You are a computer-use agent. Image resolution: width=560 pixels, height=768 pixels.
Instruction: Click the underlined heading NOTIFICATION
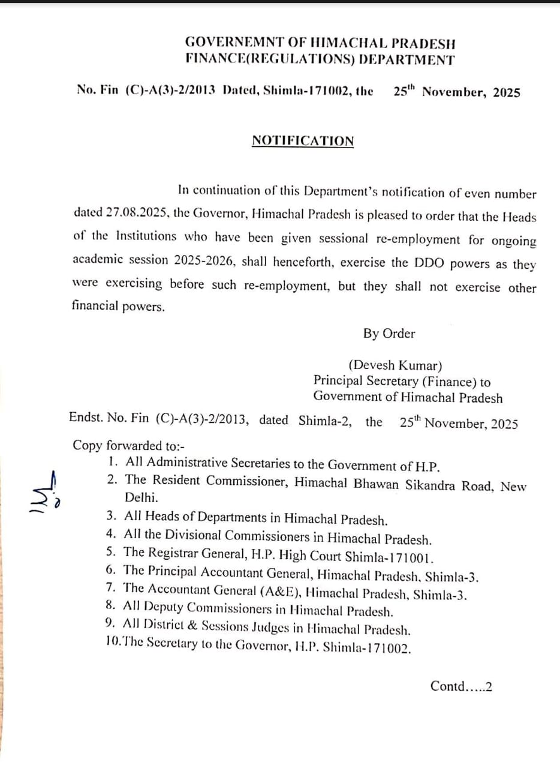303,141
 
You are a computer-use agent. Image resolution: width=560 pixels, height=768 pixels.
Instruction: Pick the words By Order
389,334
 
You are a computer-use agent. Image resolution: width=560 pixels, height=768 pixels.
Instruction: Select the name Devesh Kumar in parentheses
396,365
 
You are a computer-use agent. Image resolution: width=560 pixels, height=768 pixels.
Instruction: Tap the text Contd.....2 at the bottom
461,686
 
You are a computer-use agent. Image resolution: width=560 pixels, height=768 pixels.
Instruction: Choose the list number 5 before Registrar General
110,553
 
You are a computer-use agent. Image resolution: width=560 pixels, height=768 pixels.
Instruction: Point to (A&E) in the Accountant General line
281,593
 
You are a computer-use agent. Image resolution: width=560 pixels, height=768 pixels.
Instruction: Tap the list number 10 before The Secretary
112,646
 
